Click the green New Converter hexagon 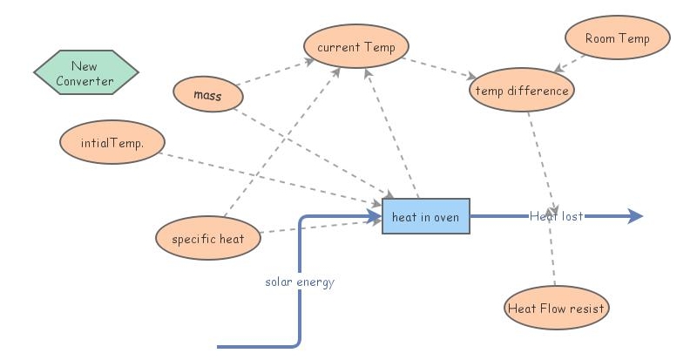[85, 73]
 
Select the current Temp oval [355, 47]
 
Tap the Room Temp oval [618, 38]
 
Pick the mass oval [207, 94]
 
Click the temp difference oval [520, 90]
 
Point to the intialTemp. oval [112, 144]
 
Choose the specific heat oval [208, 238]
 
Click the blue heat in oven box [425, 216]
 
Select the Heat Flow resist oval [556, 308]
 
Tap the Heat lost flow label [556, 216]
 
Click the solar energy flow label [300, 282]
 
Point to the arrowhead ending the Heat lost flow [636, 216]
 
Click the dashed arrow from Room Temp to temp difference [572, 62]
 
